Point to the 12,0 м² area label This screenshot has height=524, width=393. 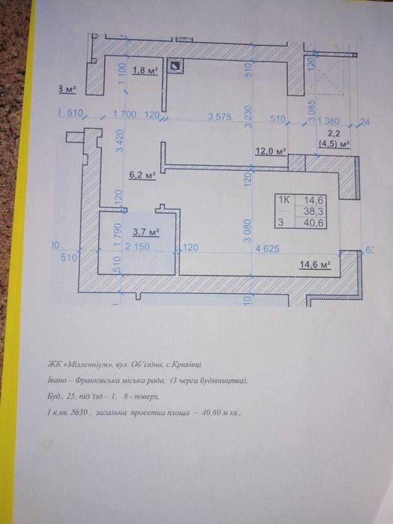point(271,151)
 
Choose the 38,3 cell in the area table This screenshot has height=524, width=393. point(313,211)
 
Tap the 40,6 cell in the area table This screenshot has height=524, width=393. point(313,223)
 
